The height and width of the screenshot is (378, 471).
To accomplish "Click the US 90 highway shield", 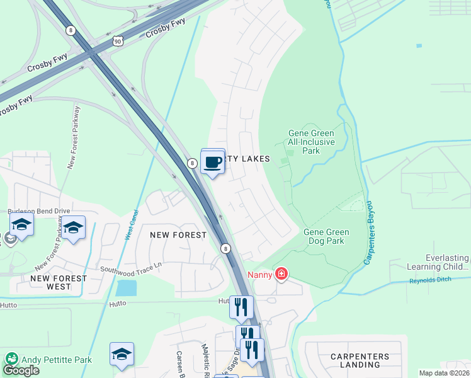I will pyautogui.click(x=118, y=41).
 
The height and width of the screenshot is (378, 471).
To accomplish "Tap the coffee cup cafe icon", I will pyautogui.click(x=213, y=163).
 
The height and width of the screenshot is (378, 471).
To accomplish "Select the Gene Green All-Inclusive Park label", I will pyautogui.click(x=311, y=142).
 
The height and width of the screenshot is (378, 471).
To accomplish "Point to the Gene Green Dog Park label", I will pyautogui.click(x=326, y=236).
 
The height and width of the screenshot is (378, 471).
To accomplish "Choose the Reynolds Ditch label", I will pyautogui.click(x=431, y=281).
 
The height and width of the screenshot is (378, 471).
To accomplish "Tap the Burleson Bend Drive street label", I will pyautogui.click(x=38, y=212).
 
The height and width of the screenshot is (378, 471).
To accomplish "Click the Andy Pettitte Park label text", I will pyautogui.click(x=57, y=360).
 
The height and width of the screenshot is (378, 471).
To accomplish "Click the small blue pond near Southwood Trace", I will pyautogui.click(x=126, y=288).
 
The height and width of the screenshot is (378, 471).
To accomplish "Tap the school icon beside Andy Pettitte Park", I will pyautogui.click(x=122, y=354).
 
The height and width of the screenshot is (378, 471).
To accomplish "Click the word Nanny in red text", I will pyautogui.click(x=259, y=274).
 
